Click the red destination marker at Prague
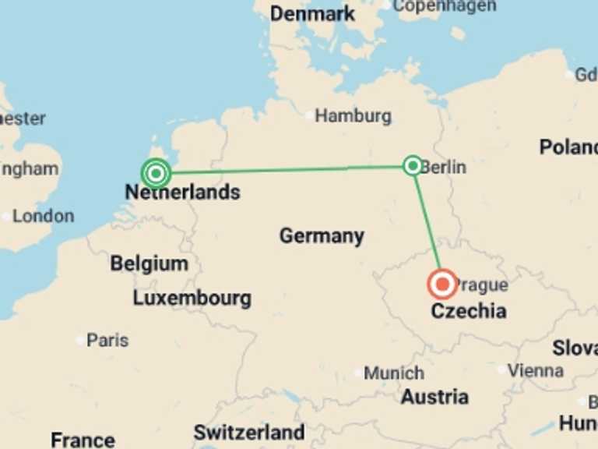(x=442, y=285)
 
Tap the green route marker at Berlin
(x=413, y=165)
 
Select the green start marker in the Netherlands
(x=157, y=172)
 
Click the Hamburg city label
(x=353, y=116)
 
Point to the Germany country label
(x=322, y=235)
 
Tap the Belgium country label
(x=149, y=263)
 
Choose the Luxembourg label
(x=192, y=298)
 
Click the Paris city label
(x=107, y=340)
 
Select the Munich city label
(x=394, y=373)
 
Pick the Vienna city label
(x=535, y=370)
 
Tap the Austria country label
(x=434, y=397)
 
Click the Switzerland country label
(x=249, y=432)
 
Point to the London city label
(x=43, y=216)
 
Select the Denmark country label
(x=313, y=13)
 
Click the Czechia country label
(x=469, y=311)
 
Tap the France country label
(x=83, y=440)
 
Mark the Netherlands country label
(x=182, y=192)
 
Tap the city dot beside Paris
(x=80, y=341)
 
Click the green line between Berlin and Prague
(x=427, y=223)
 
